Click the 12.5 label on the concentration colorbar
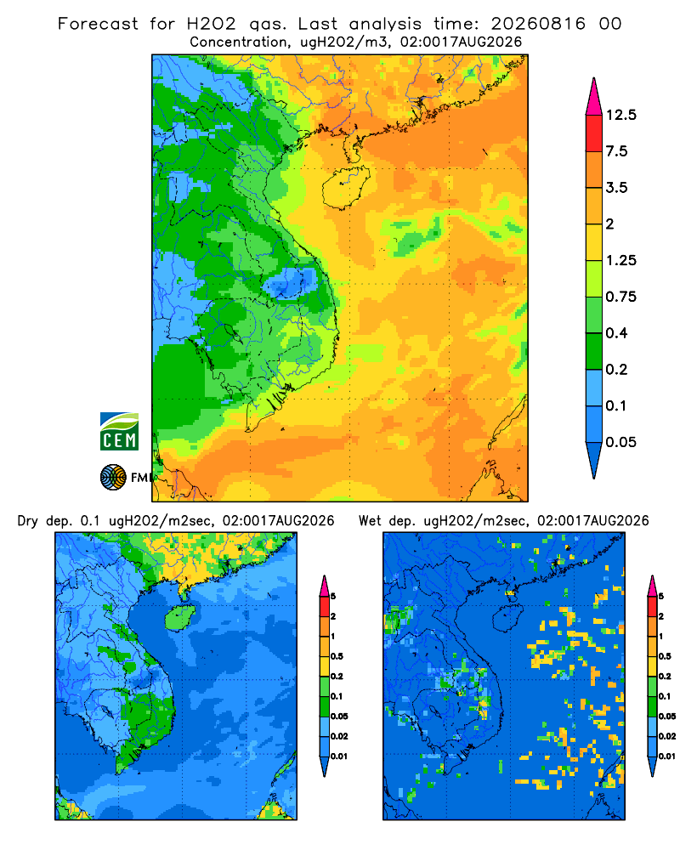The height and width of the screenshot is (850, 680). click(620, 115)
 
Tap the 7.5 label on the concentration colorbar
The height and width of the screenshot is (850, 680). click(616, 151)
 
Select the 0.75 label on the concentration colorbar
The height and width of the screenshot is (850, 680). click(620, 297)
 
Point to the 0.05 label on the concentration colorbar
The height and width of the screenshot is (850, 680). click(620, 442)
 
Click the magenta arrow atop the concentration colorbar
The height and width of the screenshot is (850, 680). click(594, 97)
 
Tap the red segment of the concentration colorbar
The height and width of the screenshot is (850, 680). click(594, 133)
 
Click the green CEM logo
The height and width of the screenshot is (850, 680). click(119, 432)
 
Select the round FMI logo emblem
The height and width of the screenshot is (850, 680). click(113, 478)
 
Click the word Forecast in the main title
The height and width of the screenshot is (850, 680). click(98, 24)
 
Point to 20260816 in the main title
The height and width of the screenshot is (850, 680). click(538, 24)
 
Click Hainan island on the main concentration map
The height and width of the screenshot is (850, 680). click(345, 187)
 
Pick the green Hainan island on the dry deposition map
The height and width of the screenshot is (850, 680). click(180, 618)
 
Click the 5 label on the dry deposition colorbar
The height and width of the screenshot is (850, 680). click(333, 597)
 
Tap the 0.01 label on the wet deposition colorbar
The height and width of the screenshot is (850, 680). click(667, 756)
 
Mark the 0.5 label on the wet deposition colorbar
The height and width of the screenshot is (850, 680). click(665, 656)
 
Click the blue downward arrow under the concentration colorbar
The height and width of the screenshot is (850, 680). click(594, 461)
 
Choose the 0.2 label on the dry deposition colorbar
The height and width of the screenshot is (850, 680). click(337, 677)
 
